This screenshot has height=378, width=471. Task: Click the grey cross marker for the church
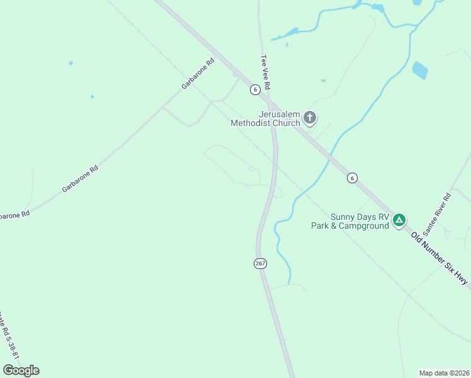310,117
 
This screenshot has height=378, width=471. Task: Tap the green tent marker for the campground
399,220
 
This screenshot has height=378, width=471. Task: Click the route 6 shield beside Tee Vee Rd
254,89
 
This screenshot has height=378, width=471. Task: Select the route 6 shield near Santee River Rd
352,178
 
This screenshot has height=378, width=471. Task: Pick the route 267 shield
261,263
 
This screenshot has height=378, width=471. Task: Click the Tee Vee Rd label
266,71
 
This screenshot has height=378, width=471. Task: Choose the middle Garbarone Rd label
80,179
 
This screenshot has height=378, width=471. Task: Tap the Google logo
21,370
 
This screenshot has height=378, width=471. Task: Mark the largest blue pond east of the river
420,70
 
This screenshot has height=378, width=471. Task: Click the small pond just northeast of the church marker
323,81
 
